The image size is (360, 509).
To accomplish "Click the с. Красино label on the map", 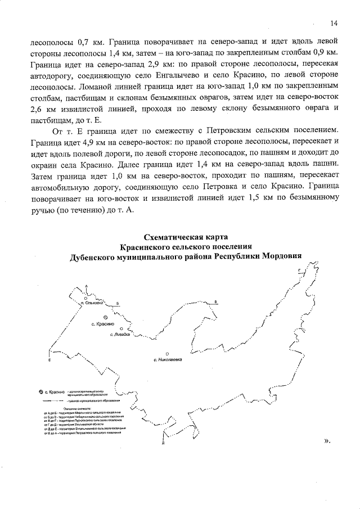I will [x=102, y=325].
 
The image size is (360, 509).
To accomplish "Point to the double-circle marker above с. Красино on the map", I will [x=98, y=317].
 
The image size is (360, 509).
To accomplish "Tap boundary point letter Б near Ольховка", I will [x=118, y=303].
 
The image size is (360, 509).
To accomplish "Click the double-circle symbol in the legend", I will [x=40, y=391].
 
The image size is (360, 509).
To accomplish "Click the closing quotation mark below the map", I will [x=327, y=442].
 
